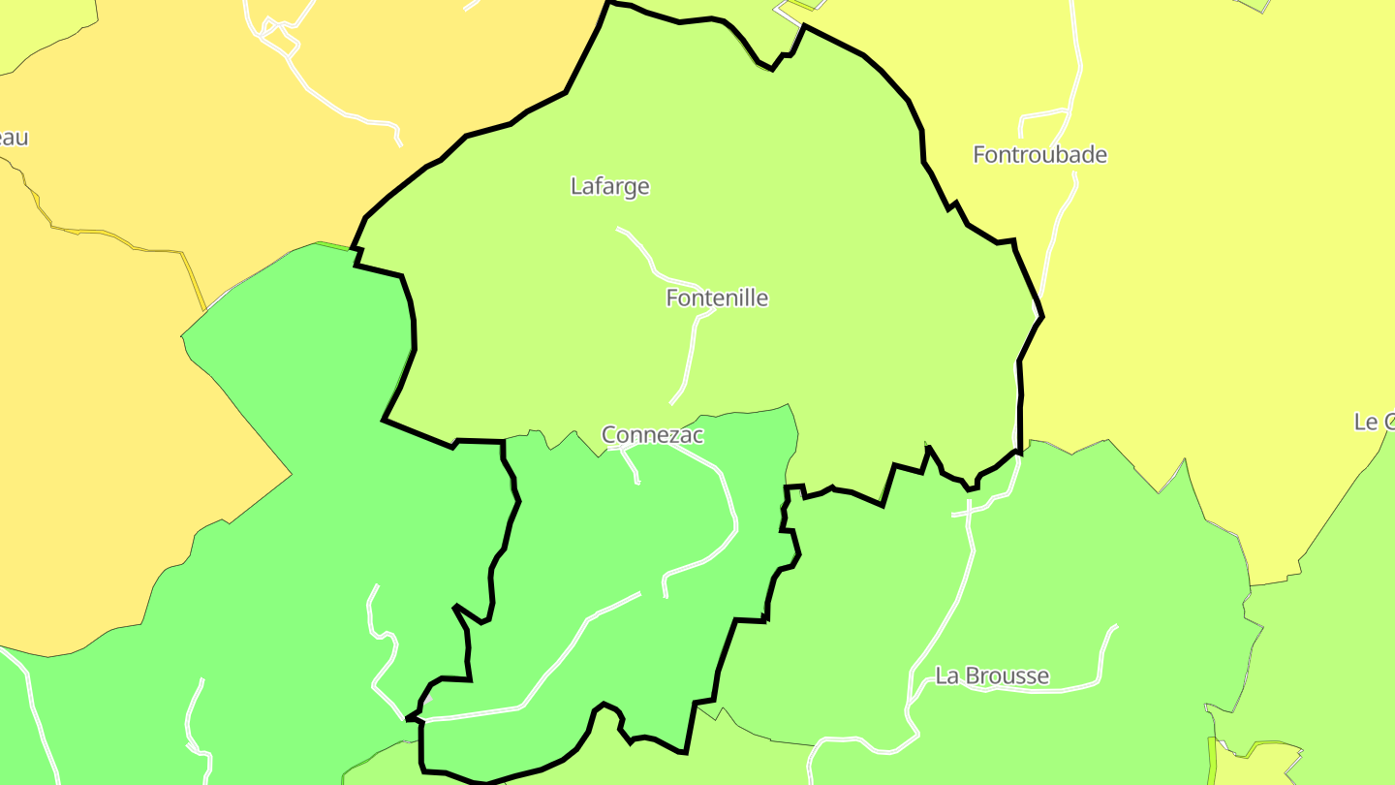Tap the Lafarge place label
[x=609, y=186]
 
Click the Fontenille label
[x=717, y=298]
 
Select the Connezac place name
[x=652, y=435]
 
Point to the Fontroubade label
[x=1039, y=155]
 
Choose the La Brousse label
[x=991, y=676]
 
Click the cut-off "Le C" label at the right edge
[x=1375, y=422]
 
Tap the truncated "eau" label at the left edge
[x=14, y=138]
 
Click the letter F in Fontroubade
[x=979, y=155]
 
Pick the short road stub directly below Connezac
[x=632, y=467]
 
